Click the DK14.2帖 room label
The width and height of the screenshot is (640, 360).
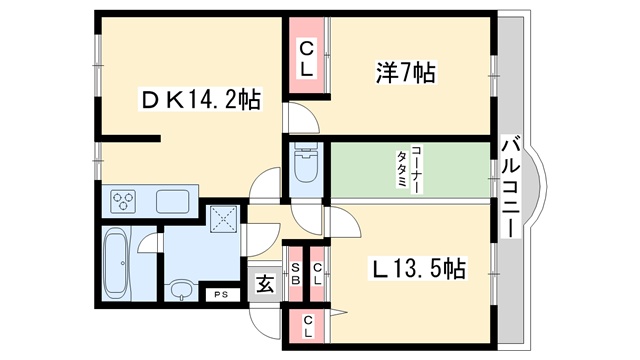[201, 100]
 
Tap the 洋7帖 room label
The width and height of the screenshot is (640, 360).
[405, 73]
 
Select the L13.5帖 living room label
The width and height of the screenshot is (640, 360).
[417, 269]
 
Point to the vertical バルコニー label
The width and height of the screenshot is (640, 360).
[511, 188]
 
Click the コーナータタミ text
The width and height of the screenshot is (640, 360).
[410, 169]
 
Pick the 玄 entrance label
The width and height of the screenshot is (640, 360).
[264, 284]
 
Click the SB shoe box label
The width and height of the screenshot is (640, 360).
[296, 274]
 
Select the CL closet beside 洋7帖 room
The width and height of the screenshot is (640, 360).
[307, 60]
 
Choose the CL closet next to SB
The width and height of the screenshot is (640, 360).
[317, 274]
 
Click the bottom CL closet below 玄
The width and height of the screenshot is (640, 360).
[307, 326]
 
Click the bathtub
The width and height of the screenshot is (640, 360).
[116, 263]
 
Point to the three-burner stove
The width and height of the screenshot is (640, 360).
[124, 201]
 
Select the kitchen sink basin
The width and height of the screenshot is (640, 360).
[173, 201]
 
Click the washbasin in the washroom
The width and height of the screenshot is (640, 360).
[179, 291]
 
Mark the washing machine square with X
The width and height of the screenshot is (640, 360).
[224, 219]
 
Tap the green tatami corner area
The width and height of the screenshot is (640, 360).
[410, 170]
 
